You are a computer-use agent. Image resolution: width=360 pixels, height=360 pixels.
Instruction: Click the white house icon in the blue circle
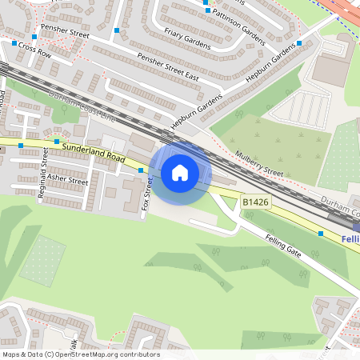(180, 172)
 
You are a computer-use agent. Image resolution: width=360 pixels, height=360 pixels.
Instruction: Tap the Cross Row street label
(34, 50)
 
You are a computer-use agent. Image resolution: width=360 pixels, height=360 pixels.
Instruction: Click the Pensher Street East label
(167, 67)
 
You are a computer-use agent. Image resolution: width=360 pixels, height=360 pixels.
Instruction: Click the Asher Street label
(67, 179)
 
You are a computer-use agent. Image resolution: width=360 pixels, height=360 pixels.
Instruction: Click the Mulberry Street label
(259, 163)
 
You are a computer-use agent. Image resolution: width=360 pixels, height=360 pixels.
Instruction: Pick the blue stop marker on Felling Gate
(321, 234)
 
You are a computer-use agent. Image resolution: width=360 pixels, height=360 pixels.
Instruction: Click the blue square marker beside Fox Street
(141, 170)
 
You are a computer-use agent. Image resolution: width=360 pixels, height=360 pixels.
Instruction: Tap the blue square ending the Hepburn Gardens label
(299, 43)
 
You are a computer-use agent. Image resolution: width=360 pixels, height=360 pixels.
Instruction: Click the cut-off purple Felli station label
(350, 239)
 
